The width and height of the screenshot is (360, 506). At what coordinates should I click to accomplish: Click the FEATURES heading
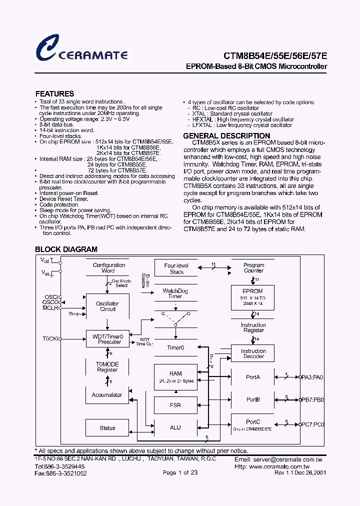coord(54,93)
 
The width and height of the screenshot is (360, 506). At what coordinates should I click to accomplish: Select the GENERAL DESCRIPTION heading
coord(226,136)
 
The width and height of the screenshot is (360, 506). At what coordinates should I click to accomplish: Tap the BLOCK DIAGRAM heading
coord(66,249)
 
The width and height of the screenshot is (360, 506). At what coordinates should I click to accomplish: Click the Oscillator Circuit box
coord(107,306)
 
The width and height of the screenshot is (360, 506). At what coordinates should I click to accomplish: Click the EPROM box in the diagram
coord(253,297)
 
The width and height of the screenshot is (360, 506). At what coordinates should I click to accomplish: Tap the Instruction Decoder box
coord(253,353)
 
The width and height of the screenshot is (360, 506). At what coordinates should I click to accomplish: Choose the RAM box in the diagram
coord(175,376)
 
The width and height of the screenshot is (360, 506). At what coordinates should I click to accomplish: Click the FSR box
coord(175,405)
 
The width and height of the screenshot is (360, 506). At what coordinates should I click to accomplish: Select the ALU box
coord(175,427)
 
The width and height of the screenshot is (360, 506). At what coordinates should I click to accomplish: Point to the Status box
coord(107,427)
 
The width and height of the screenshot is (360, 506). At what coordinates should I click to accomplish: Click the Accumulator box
coord(107,395)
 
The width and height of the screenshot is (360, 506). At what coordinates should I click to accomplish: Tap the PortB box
coord(253,399)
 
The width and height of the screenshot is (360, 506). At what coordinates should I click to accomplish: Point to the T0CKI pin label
coord(50,338)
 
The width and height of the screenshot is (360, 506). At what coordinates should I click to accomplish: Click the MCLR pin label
coord(50,308)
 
